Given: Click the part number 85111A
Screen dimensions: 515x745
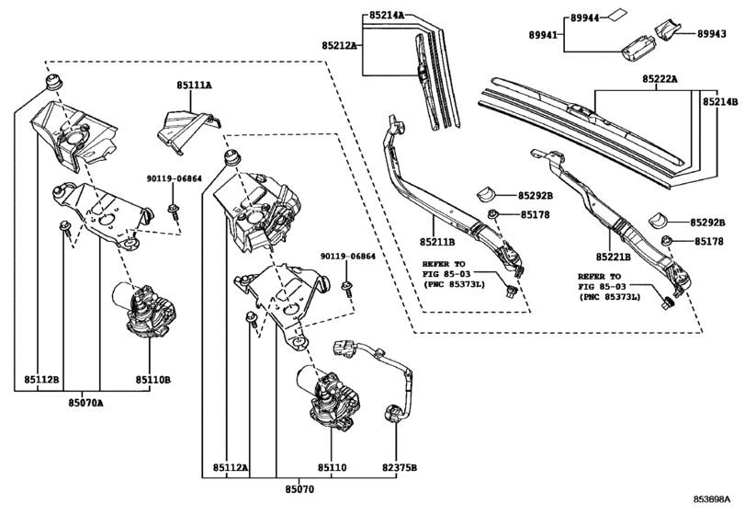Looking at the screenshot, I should click(x=194, y=86).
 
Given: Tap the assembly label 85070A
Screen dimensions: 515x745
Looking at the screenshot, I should click(x=88, y=402).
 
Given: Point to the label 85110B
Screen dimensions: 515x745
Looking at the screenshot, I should click(x=153, y=378).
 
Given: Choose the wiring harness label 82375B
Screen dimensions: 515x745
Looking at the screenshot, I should click(x=400, y=468).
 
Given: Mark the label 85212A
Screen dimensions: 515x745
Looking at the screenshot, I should click(x=340, y=44).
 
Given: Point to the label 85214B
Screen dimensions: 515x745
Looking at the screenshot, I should click(x=722, y=101).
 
